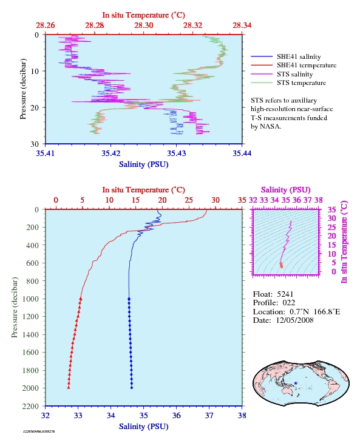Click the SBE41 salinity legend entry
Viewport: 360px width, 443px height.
click(286, 56)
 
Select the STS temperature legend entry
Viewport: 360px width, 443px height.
click(288, 83)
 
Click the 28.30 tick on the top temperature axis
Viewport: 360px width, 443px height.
click(143, 25)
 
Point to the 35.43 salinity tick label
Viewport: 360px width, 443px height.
click(176, 153)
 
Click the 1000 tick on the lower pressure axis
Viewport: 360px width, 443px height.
click(30, 299)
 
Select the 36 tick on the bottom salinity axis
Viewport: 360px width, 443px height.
click(176, 415)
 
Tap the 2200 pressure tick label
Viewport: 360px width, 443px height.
click(30, 406)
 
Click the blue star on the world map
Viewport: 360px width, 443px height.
click(296, 383)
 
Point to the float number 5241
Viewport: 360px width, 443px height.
click(285, 294)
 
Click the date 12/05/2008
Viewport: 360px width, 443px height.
click(294, 320)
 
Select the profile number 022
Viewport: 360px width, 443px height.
click(289, 303)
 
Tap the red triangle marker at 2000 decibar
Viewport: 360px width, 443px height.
click(69, 387)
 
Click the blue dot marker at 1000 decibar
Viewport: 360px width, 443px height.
click(129, 299)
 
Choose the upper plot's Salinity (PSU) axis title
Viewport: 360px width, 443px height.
click(143, 164)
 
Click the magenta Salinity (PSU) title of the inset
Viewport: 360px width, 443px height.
click(286, 189)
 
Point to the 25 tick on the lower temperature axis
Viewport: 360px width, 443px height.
click(189, 200)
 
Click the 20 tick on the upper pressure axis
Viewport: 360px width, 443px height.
click(35, 107)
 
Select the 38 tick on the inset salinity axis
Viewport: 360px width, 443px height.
click(319, 200)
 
